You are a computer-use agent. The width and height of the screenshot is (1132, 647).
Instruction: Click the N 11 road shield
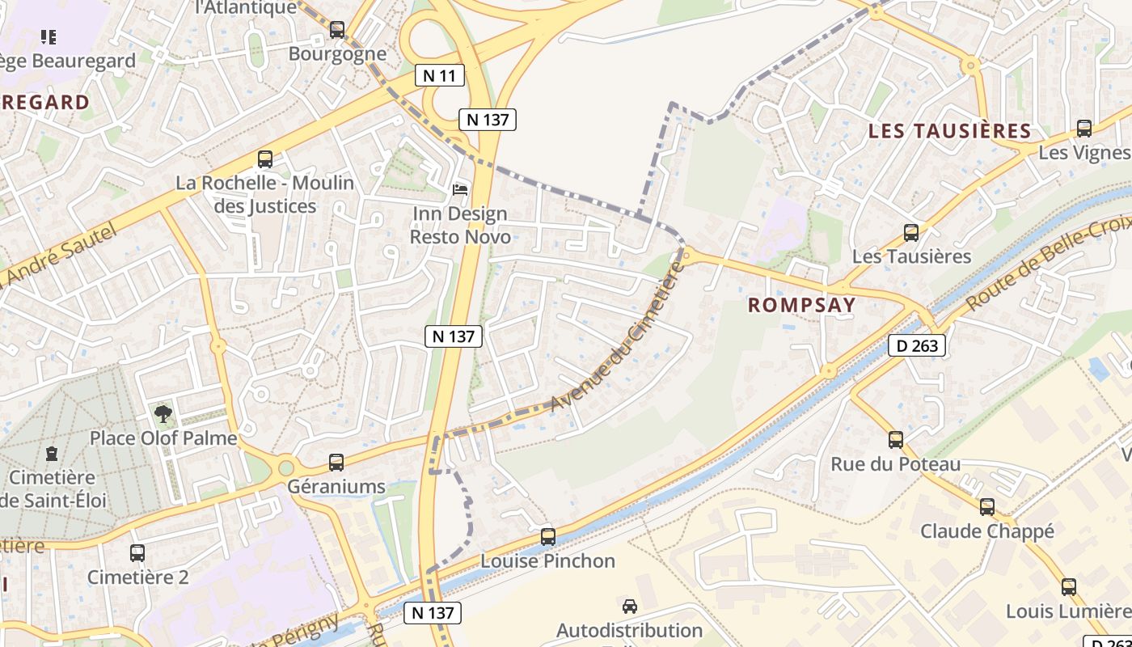440,76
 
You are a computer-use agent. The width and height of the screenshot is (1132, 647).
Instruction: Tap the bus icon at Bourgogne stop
337,30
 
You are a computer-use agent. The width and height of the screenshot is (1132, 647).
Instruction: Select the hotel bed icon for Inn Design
460,189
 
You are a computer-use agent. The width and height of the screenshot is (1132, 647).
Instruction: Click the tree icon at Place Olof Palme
163,414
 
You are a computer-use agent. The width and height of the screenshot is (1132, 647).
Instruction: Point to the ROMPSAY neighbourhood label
801,305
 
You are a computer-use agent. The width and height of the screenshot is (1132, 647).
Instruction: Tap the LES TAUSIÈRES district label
949,131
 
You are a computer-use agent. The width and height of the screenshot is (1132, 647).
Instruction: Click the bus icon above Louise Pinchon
548,536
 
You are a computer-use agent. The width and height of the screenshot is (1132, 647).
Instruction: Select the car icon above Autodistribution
629,606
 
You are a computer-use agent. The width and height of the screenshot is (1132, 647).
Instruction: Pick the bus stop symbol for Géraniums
336,463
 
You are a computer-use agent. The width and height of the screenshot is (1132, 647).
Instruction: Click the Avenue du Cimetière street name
616,337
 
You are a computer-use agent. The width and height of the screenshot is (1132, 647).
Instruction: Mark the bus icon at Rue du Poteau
896,440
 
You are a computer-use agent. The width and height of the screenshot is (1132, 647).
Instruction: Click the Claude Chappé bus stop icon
987,507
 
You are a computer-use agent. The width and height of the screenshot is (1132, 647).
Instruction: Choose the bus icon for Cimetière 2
137,553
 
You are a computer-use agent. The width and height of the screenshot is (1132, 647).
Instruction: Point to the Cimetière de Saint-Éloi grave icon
53,453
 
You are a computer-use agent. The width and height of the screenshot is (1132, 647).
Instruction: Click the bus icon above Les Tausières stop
911,233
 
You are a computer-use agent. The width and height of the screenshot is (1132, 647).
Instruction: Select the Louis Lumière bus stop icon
1069,587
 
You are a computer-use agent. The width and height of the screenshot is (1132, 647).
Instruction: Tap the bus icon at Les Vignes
1084,129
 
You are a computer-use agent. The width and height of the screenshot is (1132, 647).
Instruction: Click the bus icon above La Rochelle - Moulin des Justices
265,159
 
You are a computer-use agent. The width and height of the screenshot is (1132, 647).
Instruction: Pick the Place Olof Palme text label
163,438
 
